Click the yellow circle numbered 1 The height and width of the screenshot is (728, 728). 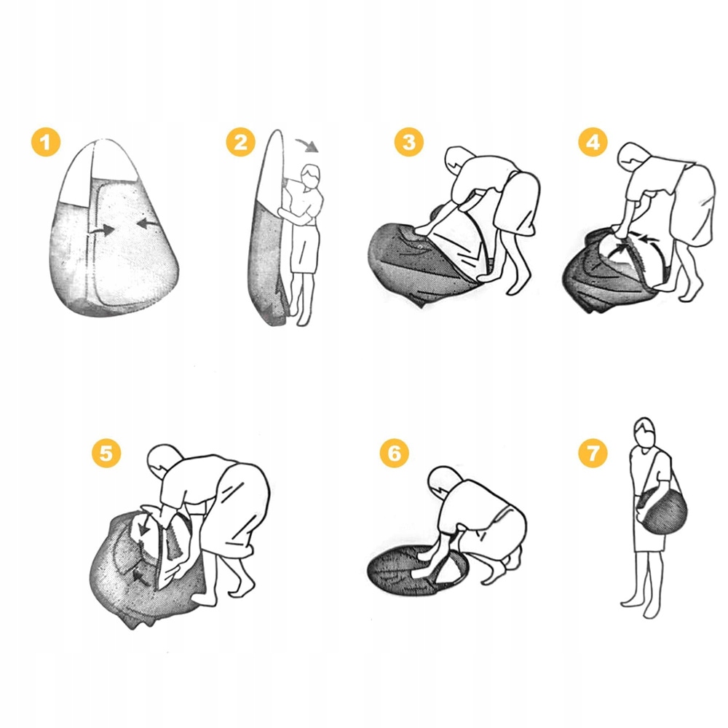45,142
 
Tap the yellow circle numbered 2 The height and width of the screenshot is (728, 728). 240,142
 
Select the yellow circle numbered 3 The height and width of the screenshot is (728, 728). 409,142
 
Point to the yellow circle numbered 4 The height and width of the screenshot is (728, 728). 593,142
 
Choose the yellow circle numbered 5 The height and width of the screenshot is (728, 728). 106,453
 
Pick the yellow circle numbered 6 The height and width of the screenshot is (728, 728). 394,453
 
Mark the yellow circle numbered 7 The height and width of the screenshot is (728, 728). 593,453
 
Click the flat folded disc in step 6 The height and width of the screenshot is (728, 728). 418,570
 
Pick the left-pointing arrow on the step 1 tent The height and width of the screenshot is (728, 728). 148,223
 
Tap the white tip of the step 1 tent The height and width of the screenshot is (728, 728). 99,170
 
